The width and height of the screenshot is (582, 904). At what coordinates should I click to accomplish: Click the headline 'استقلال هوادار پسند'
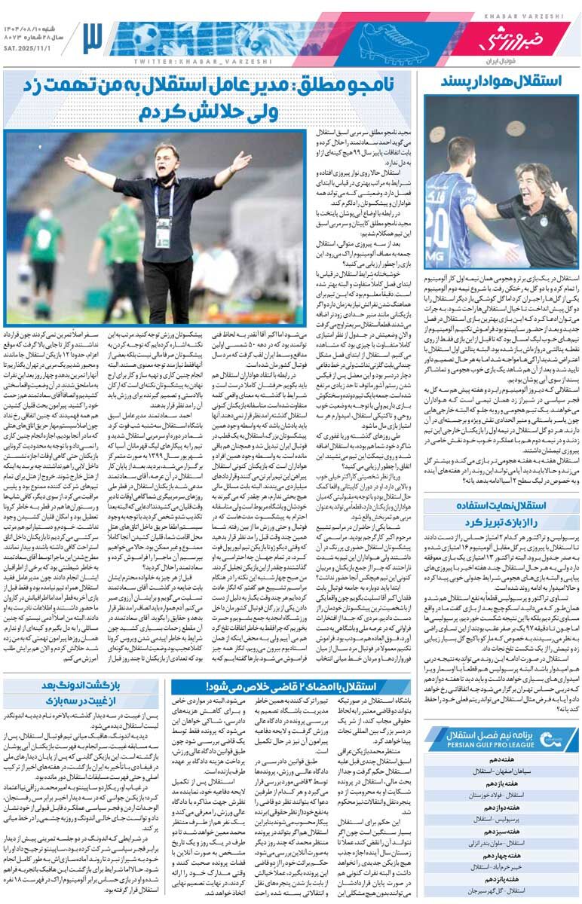[501, 81]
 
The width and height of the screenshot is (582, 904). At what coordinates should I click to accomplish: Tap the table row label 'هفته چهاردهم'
[501, 856]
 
